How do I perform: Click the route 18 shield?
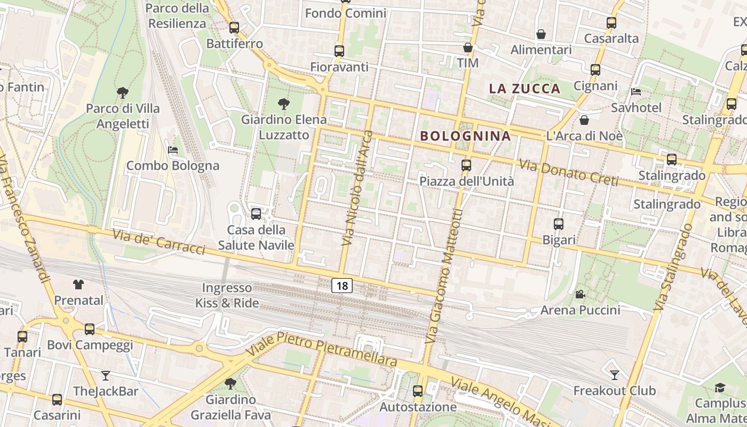[x=342, y=286]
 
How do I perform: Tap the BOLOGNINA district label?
[x=465, y=136]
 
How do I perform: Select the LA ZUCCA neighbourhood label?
[x=525, y=89]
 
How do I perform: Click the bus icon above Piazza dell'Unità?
[x=466, y=165]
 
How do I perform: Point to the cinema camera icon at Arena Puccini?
[x=580, y=294]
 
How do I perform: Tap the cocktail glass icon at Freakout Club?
[x=614, y=375]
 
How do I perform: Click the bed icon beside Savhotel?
[x=635, y=92]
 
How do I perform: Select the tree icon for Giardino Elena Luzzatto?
[x=283, y=104]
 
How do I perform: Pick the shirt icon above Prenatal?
[x=78, y=284]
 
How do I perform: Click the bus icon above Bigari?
[x=559, y=224]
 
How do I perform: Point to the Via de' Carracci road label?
[x=158, y=242]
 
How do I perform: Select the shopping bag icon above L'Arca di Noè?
[x=584, y=120]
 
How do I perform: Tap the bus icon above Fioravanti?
[x=339, y=51]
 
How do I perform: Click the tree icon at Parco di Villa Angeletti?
[x=123, y=93]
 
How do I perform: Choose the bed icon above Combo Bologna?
[x=173, y=150]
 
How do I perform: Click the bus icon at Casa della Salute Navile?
[x=256, y=214]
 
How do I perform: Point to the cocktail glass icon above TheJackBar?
[x=106, y=376]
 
